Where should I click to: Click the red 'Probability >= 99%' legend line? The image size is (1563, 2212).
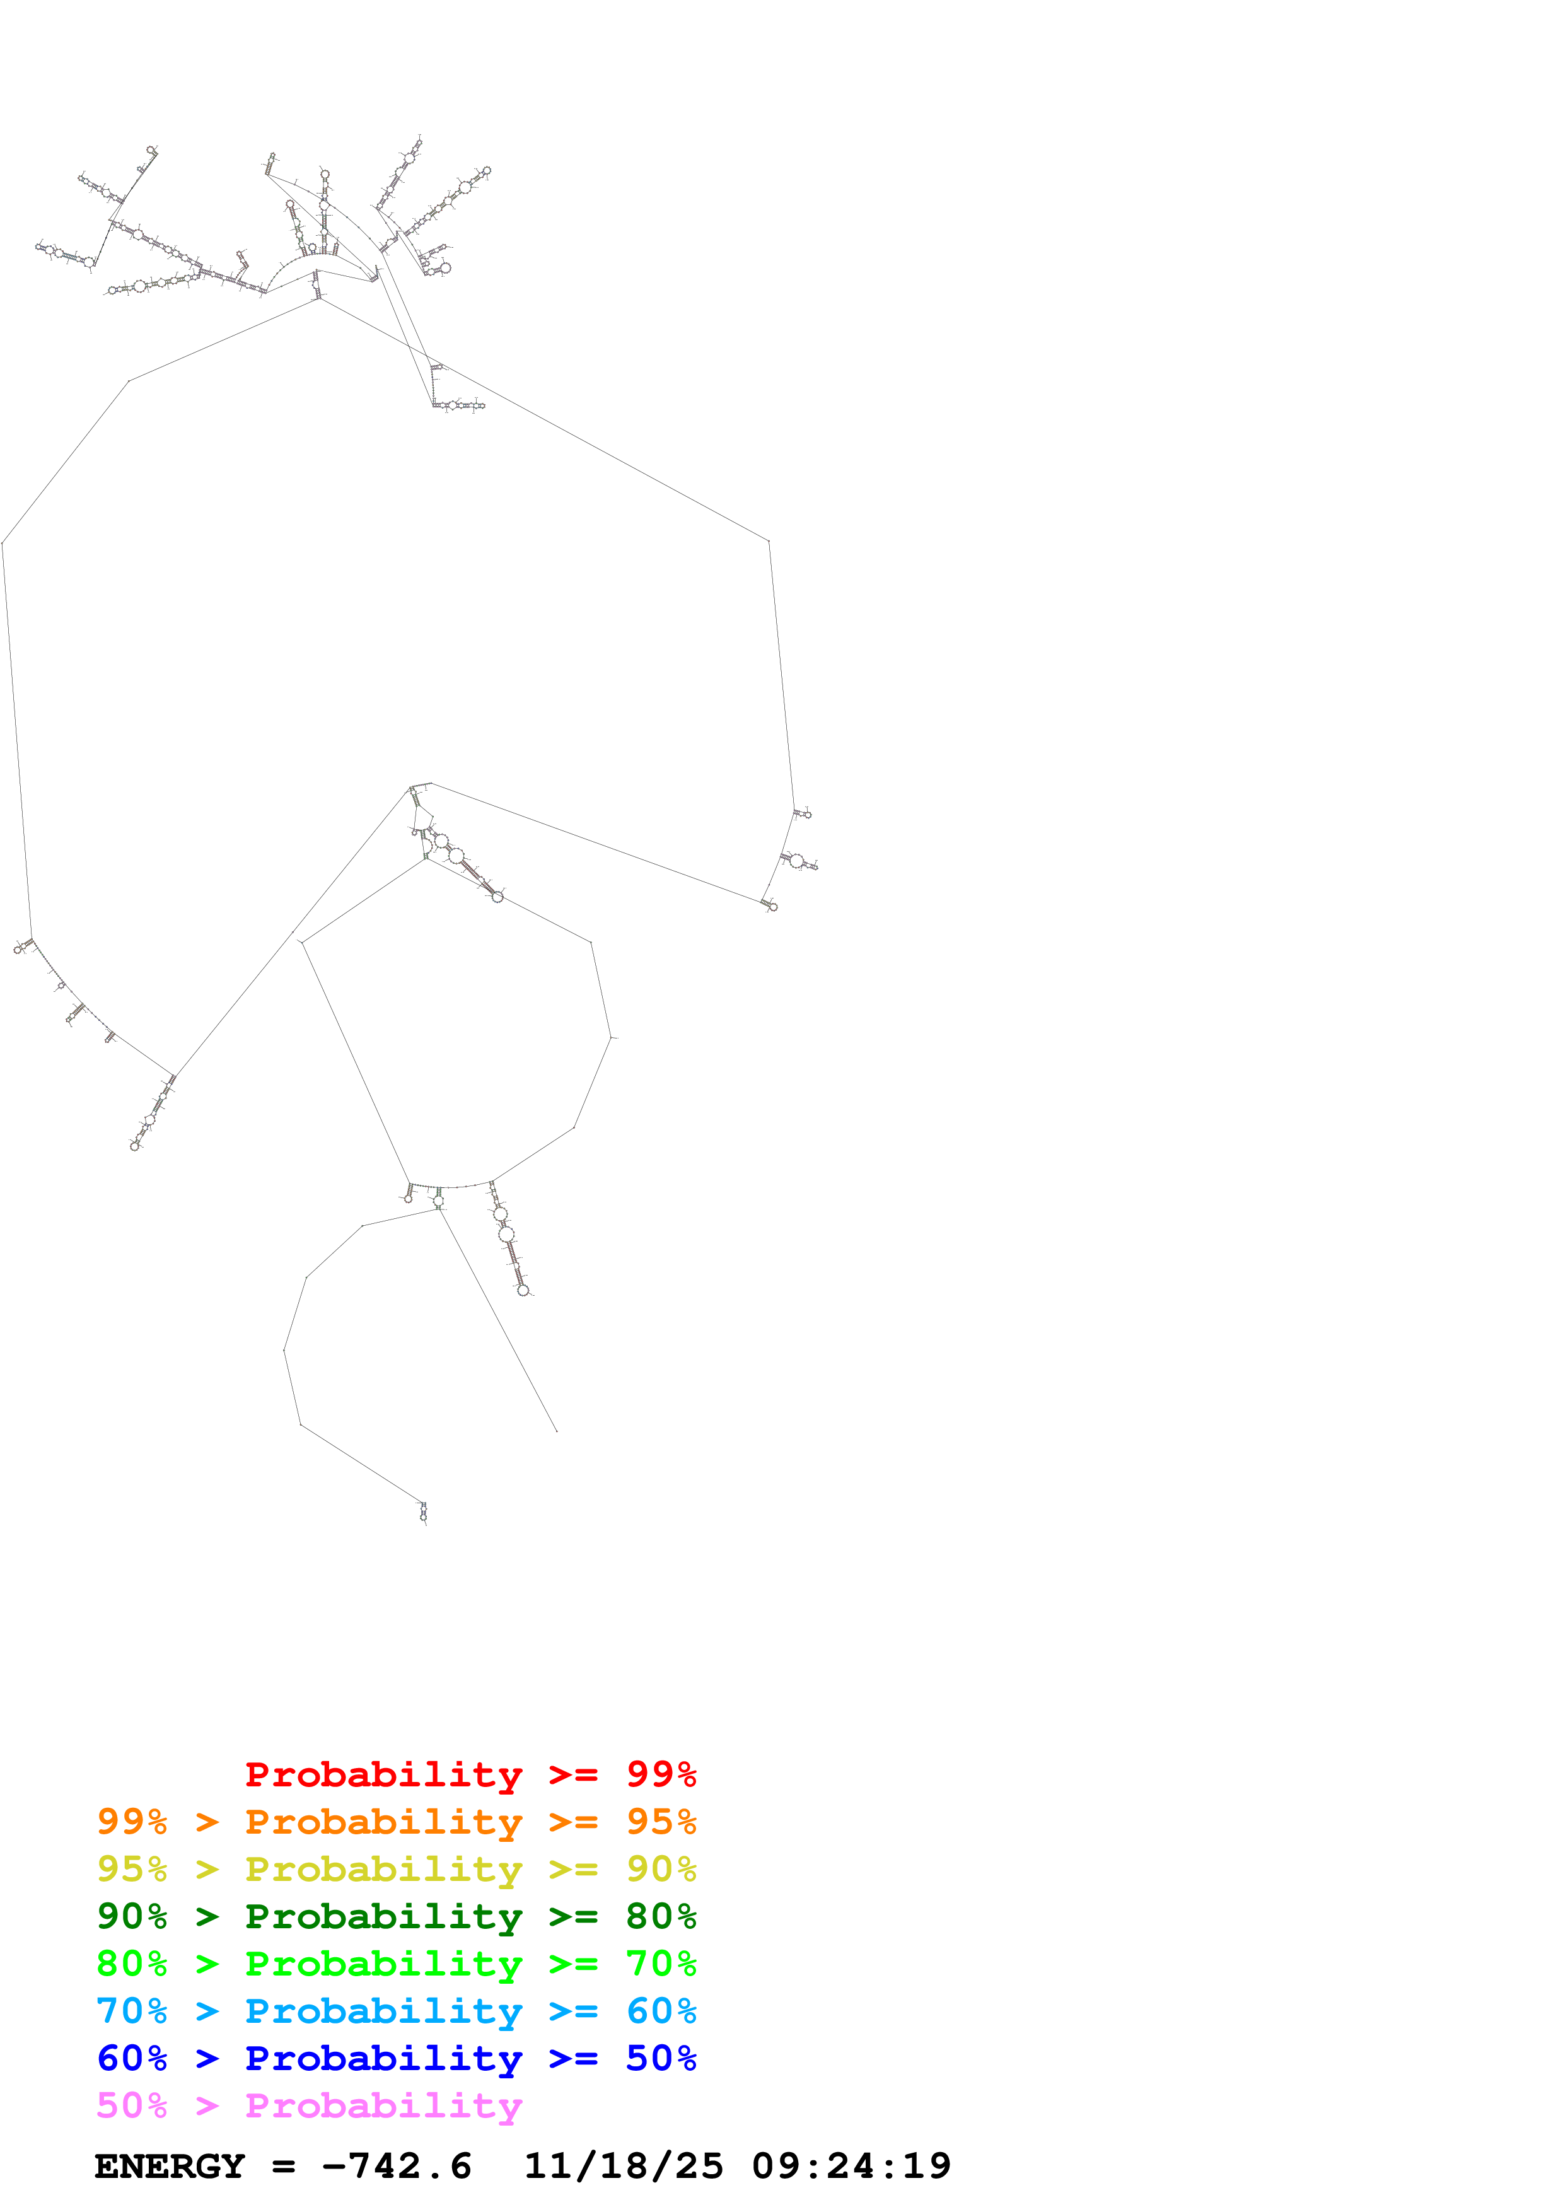tap(470, 1774)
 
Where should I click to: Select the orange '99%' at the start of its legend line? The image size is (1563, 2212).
tap(131, 1821)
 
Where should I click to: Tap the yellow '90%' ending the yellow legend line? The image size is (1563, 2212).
tap(661, 1868)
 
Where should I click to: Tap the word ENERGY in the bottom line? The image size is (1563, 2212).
tap(170, 2166)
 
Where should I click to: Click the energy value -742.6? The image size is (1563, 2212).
tap(397, 2166)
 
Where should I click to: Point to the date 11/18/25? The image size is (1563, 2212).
tap(623, 2166)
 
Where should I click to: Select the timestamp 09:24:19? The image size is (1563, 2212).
tap(851, 2166)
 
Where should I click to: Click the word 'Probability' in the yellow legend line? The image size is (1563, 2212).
tap(383, 1868)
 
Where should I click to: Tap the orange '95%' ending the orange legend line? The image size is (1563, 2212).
tap(661, 1821)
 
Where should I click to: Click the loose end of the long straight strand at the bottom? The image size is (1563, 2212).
tap(557, 1431)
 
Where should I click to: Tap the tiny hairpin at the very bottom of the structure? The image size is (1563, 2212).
tap(423, 1513)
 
